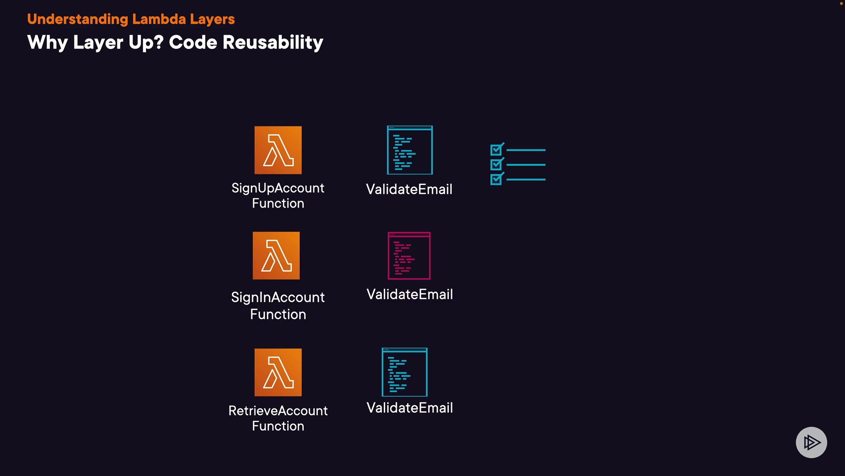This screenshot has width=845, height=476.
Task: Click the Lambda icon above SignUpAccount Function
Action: tap(278, 150)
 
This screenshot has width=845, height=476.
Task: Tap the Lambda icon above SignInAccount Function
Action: tap(276, 256)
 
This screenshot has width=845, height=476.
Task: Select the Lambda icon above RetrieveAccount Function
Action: tap(278, 372)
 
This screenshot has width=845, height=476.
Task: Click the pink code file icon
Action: tap(409, 256)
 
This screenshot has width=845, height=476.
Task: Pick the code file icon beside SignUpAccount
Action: tap(410, 150)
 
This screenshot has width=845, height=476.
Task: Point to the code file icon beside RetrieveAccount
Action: tap(404, 372)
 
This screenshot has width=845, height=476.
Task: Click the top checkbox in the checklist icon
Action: tap(496, 150)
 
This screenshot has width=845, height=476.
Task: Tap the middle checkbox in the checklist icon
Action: tap(496, 165)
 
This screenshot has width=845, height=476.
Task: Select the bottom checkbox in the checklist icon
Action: tap(496, 179)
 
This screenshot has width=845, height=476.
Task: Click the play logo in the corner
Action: tap(811, 443)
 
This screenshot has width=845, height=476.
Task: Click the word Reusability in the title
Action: tap(273, 42)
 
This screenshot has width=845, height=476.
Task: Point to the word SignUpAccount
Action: tap(278, 188)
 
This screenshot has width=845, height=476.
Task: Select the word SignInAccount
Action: tap(278, 297)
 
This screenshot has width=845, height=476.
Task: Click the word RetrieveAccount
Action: tap(278, 411)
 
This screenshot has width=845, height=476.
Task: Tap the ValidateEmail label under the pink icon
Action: tap(410, 294)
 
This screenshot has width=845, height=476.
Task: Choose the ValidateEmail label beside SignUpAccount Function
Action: tap(409, 190)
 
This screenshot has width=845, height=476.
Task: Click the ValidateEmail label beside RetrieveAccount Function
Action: tap(410, 408)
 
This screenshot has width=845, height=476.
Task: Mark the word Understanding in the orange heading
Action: tap(77, 19)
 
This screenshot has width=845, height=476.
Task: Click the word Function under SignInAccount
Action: tap(278, 314)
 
